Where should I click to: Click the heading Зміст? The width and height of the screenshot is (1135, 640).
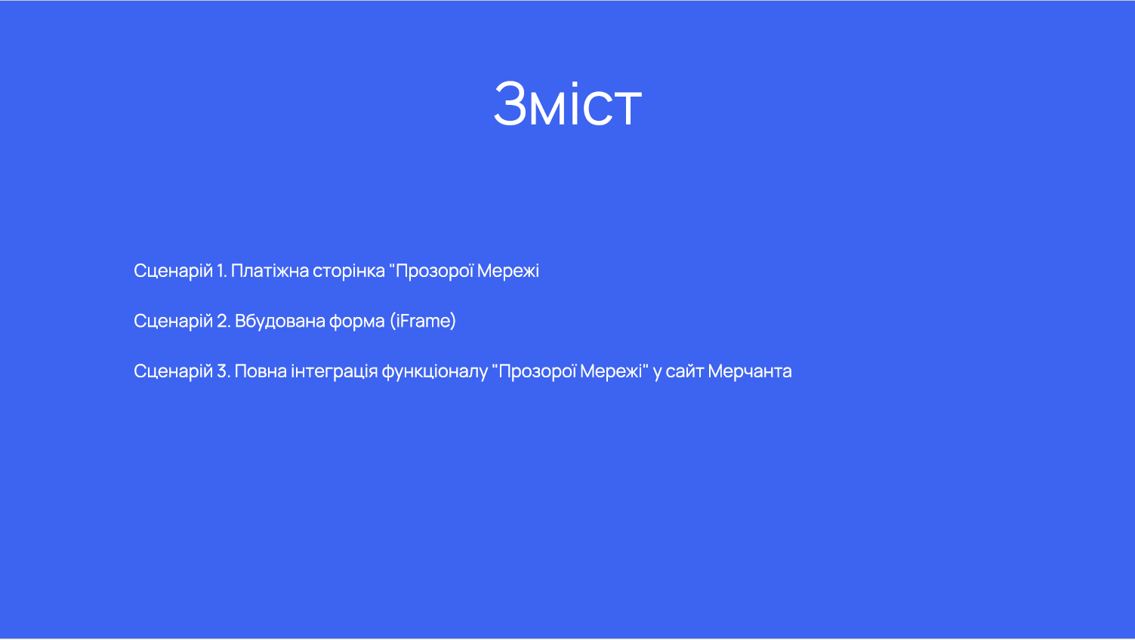click(568, 104)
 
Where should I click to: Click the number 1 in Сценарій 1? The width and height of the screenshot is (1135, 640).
click(221, 271)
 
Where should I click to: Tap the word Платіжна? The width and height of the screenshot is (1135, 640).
click(270, 271)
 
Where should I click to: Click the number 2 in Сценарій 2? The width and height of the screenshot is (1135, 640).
click(224, 321)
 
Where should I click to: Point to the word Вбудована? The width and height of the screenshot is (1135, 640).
click(279, 322)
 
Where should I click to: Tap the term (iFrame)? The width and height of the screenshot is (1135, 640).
click(423, 321)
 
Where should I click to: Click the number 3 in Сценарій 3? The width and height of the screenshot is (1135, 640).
click(224, 371)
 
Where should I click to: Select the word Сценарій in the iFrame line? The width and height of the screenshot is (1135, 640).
click(173, 322)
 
